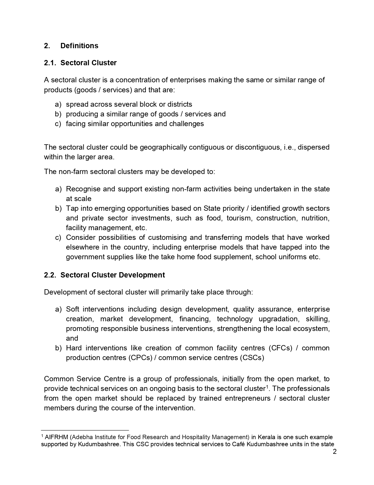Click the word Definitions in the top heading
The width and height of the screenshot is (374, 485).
click(x=79, y=46)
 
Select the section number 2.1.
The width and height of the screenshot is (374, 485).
click(x=51, y=63)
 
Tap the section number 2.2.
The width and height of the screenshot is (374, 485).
click(x=51, y=275)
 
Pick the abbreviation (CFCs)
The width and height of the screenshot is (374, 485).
click(x=280, y=348)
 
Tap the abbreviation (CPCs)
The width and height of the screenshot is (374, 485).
click(x=140, y=358)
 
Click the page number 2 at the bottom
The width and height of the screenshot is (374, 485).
click(x=335, y=452)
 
